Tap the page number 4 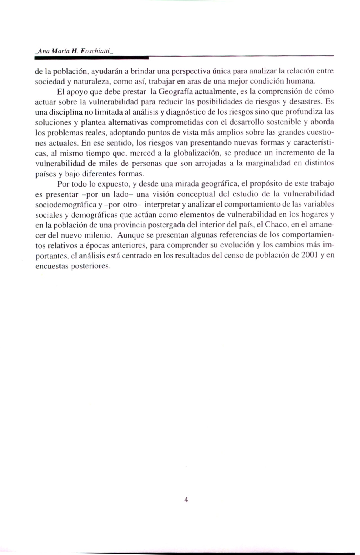[186, 500]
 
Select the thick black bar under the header [92, 58]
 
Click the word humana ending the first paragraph [300, 82]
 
